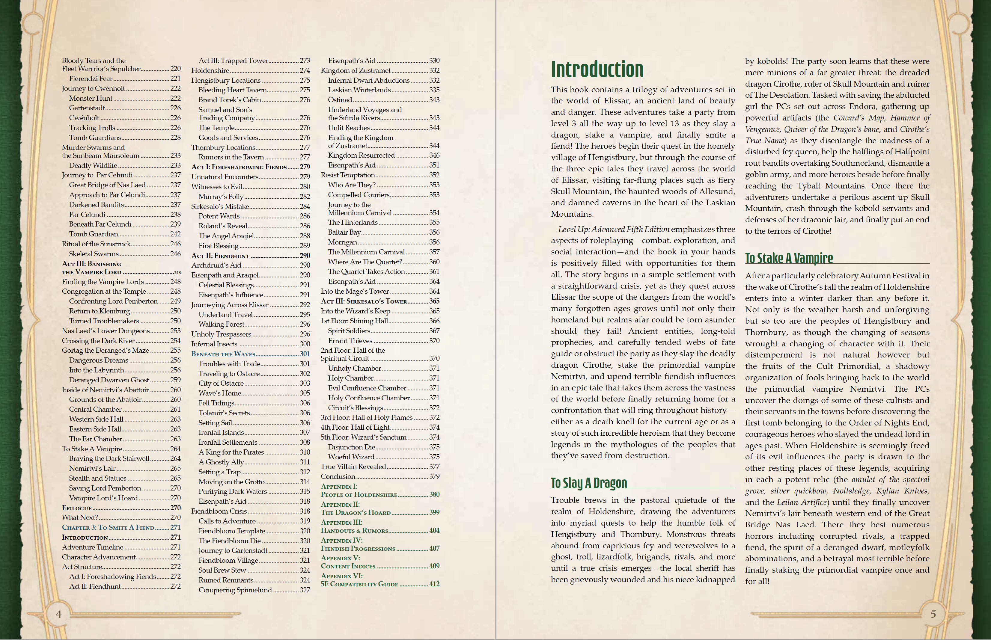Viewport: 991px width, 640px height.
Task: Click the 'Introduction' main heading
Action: (597, 70)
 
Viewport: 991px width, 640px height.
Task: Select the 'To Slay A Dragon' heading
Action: (589, 483)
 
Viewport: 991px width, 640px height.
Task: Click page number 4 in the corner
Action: (59, 614)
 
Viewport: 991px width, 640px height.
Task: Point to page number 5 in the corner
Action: (933, 614)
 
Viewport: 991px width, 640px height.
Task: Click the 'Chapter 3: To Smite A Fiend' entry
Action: (108, 527)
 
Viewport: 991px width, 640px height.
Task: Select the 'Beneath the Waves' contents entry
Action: (223, 354)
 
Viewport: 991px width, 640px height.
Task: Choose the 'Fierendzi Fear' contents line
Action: (91, 79)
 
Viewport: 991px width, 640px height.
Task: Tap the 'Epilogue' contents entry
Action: (76, 508)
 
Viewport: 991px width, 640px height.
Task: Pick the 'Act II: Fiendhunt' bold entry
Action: (220, 256)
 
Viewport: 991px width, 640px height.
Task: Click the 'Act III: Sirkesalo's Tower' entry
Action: (364, 301)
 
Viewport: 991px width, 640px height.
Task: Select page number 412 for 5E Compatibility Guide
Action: (434, 584)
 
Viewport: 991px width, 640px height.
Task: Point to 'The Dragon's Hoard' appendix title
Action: (356, 512)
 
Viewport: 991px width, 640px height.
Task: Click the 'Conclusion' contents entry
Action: (338, 477)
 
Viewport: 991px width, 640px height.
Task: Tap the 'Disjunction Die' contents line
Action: (351, 447)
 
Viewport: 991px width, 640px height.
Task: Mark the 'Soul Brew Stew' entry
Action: (222, 570)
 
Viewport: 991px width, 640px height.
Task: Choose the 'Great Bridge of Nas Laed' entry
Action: (107, 185)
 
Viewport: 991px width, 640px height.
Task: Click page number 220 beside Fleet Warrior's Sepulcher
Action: (175, 69)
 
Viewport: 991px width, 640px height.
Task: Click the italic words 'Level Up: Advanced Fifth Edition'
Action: (614, 230)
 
